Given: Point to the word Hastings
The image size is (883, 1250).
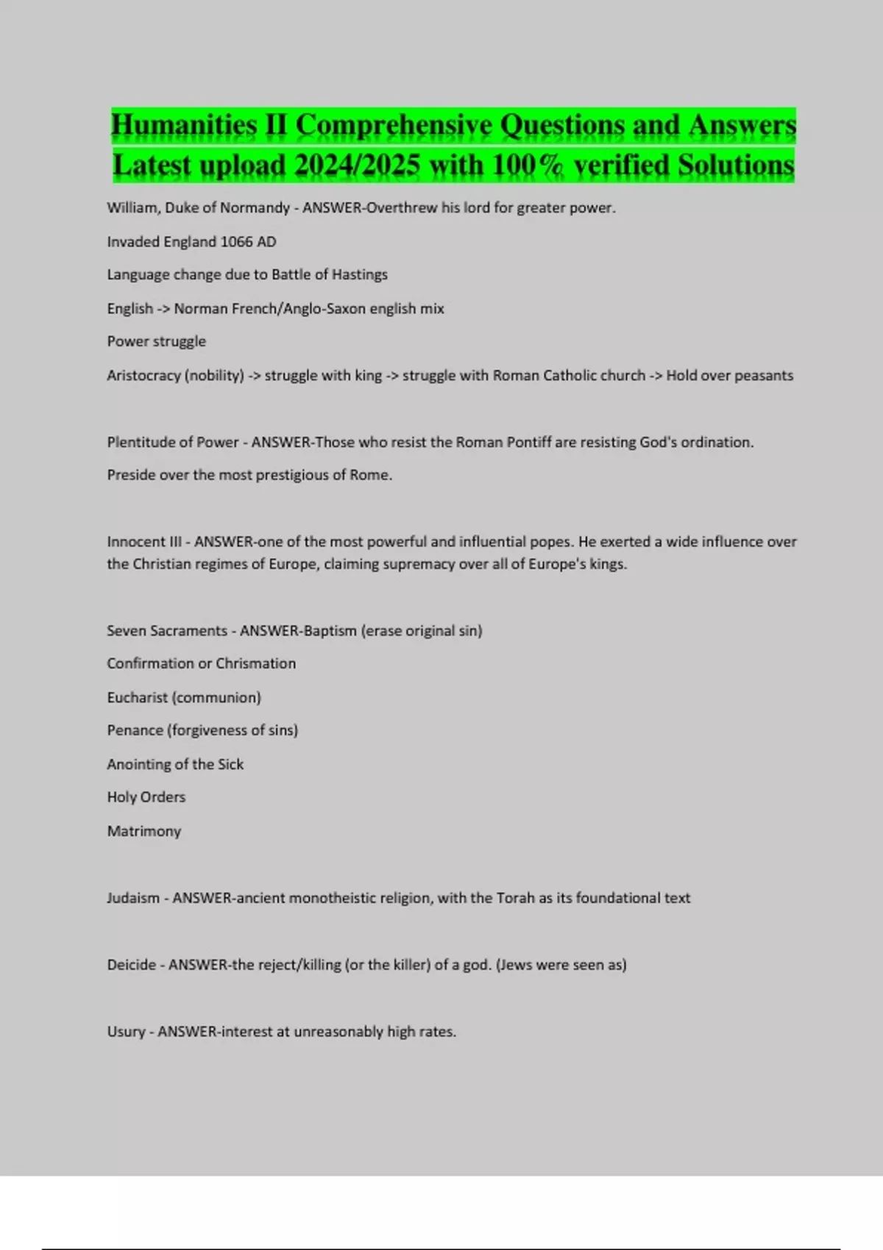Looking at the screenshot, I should coord(359,274).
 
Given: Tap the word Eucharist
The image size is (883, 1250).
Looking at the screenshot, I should coord(137,697).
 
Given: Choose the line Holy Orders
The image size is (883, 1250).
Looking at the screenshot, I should coord(146,797).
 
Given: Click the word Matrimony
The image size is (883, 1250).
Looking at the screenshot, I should coord(143,831).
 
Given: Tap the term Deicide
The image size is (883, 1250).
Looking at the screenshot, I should coord(132,965).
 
